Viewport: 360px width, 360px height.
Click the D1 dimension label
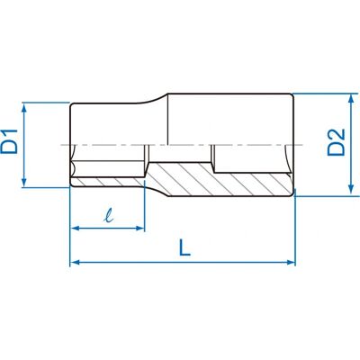[9, 141]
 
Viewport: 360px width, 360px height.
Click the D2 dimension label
[337, 142]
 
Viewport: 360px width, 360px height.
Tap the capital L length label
[184, 247]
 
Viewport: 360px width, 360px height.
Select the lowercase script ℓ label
[108, 216]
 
